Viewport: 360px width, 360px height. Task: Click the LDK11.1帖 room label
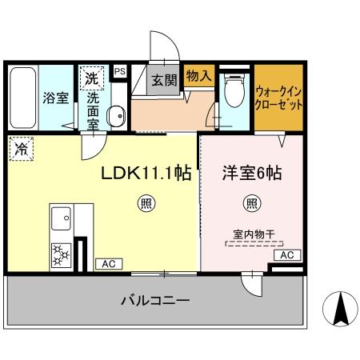144,173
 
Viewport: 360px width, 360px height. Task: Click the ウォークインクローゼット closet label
278,99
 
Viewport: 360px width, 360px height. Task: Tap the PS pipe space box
119,71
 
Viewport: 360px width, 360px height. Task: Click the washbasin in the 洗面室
115,116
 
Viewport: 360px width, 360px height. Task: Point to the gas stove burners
61,254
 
